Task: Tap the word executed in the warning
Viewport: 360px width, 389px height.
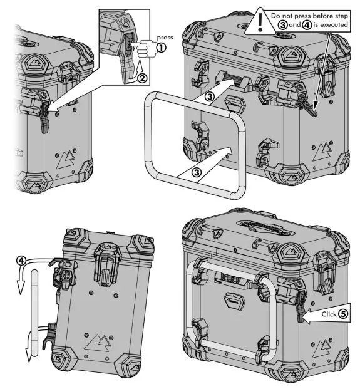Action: (x=334, y=24)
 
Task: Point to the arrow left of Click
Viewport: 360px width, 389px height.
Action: (x=306, y=319)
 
